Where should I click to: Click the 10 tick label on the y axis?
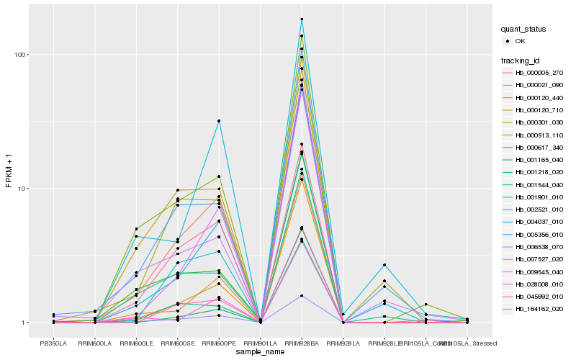pyautogui.click(x=20, y=189)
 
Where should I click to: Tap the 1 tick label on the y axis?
pyautogui.click(x=22, y=323)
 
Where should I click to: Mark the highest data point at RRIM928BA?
pyautogui.click(x=302, y=19)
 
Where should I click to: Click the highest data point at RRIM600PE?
pyautogui.click(x=219, y=121)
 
